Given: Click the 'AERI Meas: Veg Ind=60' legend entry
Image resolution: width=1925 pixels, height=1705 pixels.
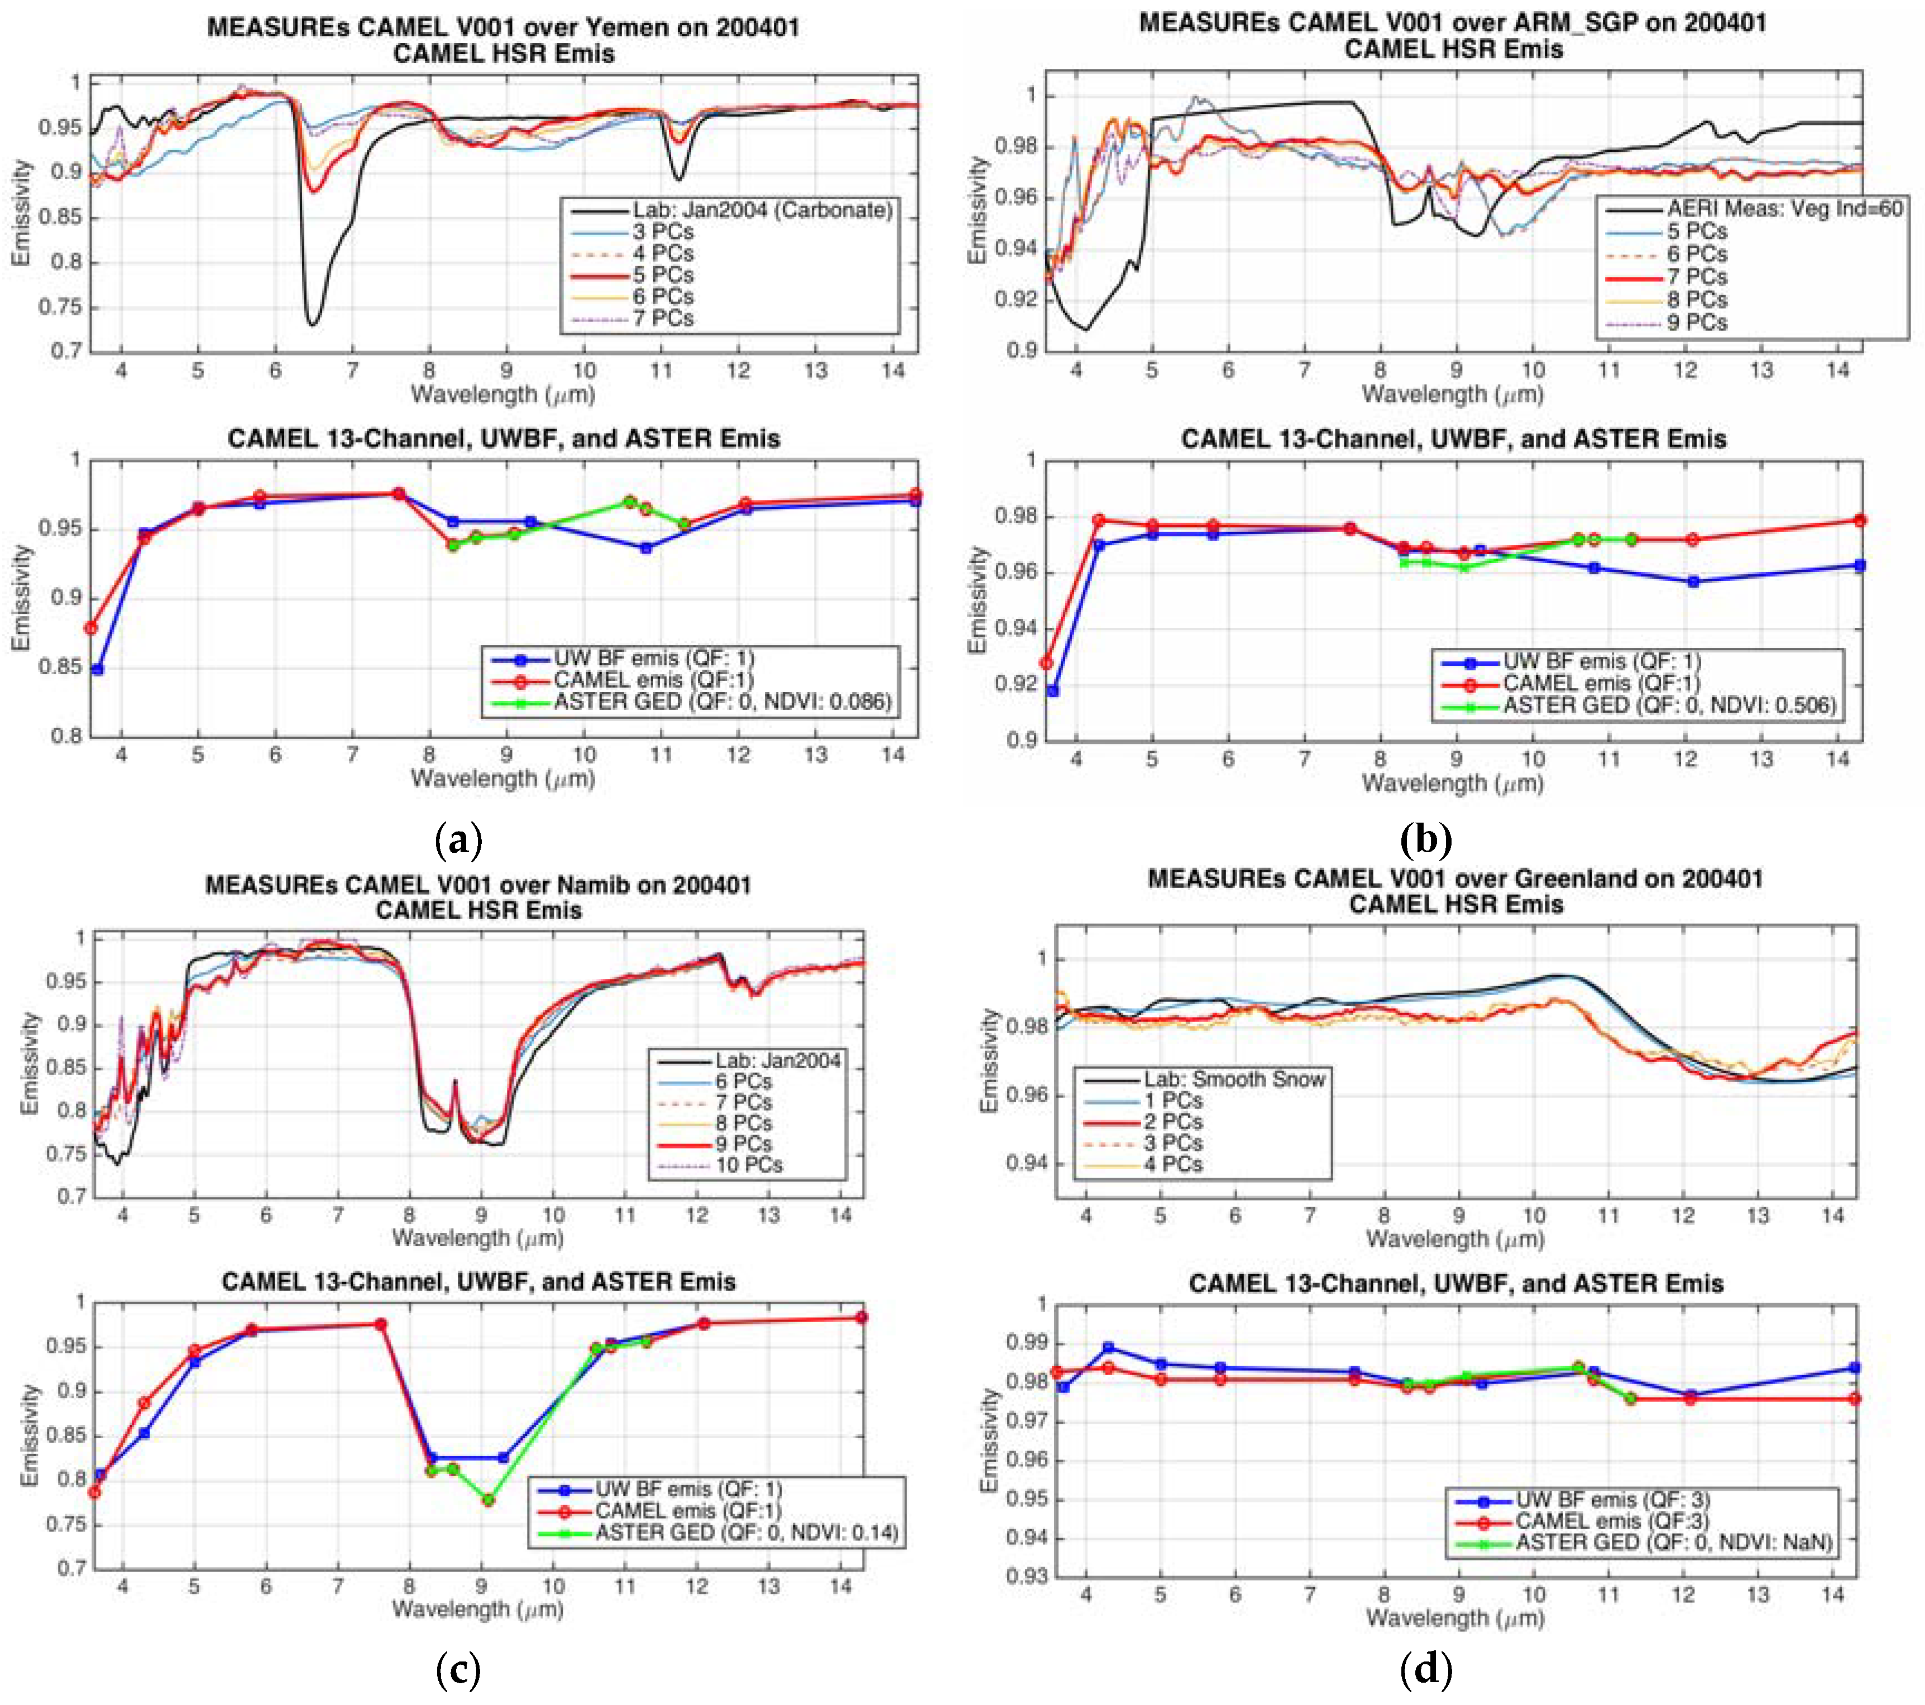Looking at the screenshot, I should click(x=1784, y=209).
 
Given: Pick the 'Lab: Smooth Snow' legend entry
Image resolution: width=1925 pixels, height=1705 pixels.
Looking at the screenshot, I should click(x=1234, y=1079).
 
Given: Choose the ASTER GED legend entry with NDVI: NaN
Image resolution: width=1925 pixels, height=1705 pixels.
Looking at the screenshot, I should click(x=1673, y=1542).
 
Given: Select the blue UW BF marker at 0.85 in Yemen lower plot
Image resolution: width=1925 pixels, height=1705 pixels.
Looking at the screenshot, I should click(x=97, y=669).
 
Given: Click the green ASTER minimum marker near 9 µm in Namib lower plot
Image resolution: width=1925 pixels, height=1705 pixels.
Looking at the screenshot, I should click(x=488, y=1500).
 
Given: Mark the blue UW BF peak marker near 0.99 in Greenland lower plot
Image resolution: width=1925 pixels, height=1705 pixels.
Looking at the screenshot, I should click(x=1108, y=1347).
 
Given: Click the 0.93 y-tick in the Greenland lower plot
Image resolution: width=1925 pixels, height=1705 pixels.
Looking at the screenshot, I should click(x=1027, y=1577).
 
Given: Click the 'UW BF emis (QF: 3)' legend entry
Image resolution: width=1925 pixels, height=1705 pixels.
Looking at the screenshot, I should click(x=1611, y=1500).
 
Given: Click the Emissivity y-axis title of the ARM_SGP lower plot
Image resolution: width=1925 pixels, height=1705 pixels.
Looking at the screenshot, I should click(x=978, y=600).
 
